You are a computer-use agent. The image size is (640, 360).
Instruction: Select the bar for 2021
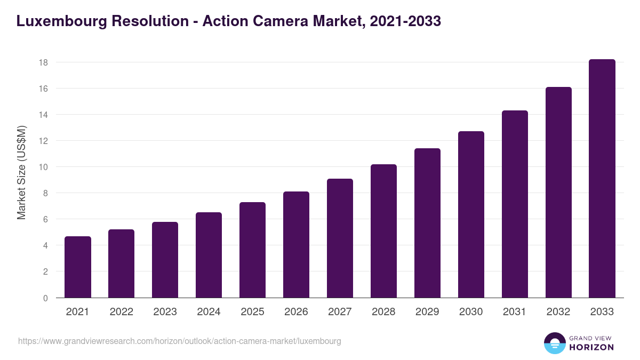coord(78,267)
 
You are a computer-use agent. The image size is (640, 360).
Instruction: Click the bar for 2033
coord(602,179)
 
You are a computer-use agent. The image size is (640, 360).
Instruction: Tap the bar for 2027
coord(340,238)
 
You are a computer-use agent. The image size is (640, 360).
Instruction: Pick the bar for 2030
coord(471,214)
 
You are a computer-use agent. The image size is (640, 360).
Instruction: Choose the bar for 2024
coord(209,255)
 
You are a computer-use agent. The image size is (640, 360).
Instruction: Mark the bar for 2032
coord(558,193)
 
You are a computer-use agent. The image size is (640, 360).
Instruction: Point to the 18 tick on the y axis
coord(43,62)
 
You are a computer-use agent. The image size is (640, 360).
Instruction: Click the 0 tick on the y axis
coord(45,298)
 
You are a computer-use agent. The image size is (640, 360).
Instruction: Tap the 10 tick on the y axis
coord(43,167)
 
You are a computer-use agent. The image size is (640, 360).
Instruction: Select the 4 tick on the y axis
coord(45,246)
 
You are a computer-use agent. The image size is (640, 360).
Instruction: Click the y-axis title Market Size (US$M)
coord(21,173)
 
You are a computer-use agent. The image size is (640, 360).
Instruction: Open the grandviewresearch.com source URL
coord(180,341)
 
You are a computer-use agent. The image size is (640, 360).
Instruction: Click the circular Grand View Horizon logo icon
coord(555,343)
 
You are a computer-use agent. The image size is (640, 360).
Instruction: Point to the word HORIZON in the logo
coord(591,347)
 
